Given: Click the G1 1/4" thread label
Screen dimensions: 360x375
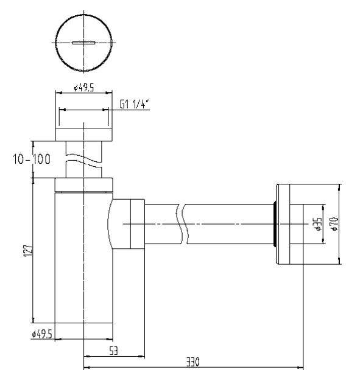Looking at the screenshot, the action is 134,104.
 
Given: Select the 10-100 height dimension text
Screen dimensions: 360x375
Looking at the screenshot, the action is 32,159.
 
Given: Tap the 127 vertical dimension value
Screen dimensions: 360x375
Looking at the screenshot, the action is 28,250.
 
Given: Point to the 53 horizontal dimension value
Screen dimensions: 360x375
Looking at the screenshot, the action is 114,351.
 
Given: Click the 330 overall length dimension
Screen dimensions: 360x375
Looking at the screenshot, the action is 193,362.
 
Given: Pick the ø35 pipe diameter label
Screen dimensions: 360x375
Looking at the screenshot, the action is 319,224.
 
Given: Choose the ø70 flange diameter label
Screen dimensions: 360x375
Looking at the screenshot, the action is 334,224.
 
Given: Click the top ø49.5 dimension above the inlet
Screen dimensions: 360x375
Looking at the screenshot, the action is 84,88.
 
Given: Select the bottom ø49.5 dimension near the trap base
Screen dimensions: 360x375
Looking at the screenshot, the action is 42,334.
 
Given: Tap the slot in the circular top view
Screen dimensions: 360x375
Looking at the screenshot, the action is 84,43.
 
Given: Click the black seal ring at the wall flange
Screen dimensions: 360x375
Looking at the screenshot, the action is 275,224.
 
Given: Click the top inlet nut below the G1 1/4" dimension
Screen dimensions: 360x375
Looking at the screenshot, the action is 84,135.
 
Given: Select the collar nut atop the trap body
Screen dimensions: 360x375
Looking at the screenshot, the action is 84,185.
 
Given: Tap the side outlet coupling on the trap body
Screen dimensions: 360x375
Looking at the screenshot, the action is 128,224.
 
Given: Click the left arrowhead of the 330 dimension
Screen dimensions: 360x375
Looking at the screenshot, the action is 86,367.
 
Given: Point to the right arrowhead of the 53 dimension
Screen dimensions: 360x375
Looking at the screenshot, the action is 142,356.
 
